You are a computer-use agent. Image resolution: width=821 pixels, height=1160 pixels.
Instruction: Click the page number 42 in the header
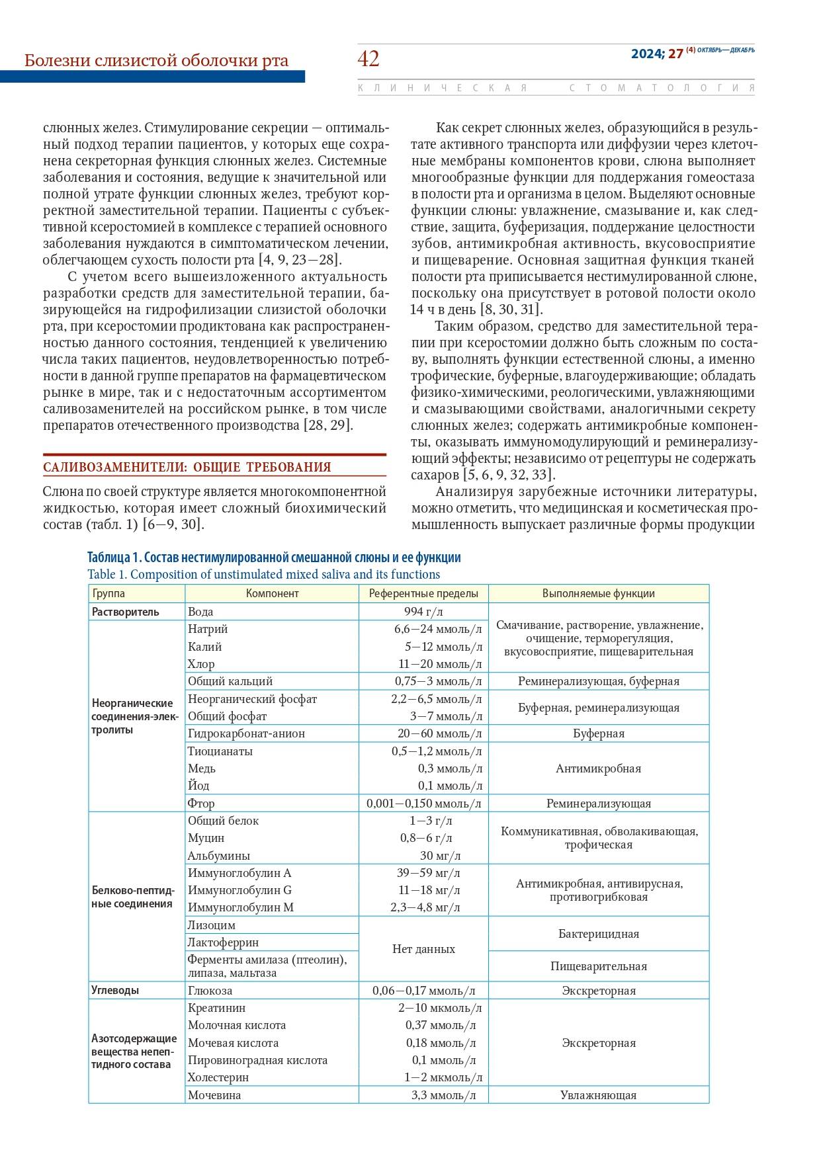(x=368, y=60)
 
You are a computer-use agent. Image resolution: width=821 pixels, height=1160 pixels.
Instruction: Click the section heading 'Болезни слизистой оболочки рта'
(x=156, y=61)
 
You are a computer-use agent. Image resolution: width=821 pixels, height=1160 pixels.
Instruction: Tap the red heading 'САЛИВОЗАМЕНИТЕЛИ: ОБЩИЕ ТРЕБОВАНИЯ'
(x=187, y=467)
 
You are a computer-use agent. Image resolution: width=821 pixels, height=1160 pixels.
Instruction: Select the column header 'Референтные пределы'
(x=423, y=593)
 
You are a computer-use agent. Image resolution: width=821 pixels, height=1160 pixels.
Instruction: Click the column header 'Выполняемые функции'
(x=598, y=593)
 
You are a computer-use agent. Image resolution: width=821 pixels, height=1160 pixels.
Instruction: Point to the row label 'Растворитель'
(x=126, y=612)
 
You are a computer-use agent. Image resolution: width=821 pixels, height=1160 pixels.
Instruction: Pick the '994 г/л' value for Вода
(x=423, y=612)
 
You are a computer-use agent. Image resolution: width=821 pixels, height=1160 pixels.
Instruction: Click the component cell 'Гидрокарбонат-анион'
(x=246, y=733)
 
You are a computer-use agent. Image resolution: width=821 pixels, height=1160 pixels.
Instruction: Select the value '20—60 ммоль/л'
(x=440, y=733)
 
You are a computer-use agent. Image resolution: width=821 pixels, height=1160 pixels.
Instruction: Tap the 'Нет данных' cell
(x=423, y=949)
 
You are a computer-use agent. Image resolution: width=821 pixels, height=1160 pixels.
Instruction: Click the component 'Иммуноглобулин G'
(x=239, y=890)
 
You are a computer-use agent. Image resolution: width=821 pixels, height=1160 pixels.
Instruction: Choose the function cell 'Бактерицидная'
(x=598, y=934)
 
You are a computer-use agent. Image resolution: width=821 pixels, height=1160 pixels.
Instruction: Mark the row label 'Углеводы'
(x=115, y=990)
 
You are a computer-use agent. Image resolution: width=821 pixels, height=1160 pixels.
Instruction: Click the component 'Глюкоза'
(x=210, y=991)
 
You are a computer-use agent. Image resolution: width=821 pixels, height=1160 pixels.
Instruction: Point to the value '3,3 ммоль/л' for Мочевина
(x=443, y=1095)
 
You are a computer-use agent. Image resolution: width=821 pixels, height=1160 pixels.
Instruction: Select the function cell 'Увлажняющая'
(x=598, y=1095)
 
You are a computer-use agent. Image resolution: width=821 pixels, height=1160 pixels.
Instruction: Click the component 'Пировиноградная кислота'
(x=257, y=1060)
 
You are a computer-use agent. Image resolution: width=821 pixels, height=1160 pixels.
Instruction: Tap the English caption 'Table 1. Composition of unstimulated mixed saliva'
(x=263, y=574)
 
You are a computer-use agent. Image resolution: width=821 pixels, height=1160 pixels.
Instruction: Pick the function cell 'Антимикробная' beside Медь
(x=598, y=768)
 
